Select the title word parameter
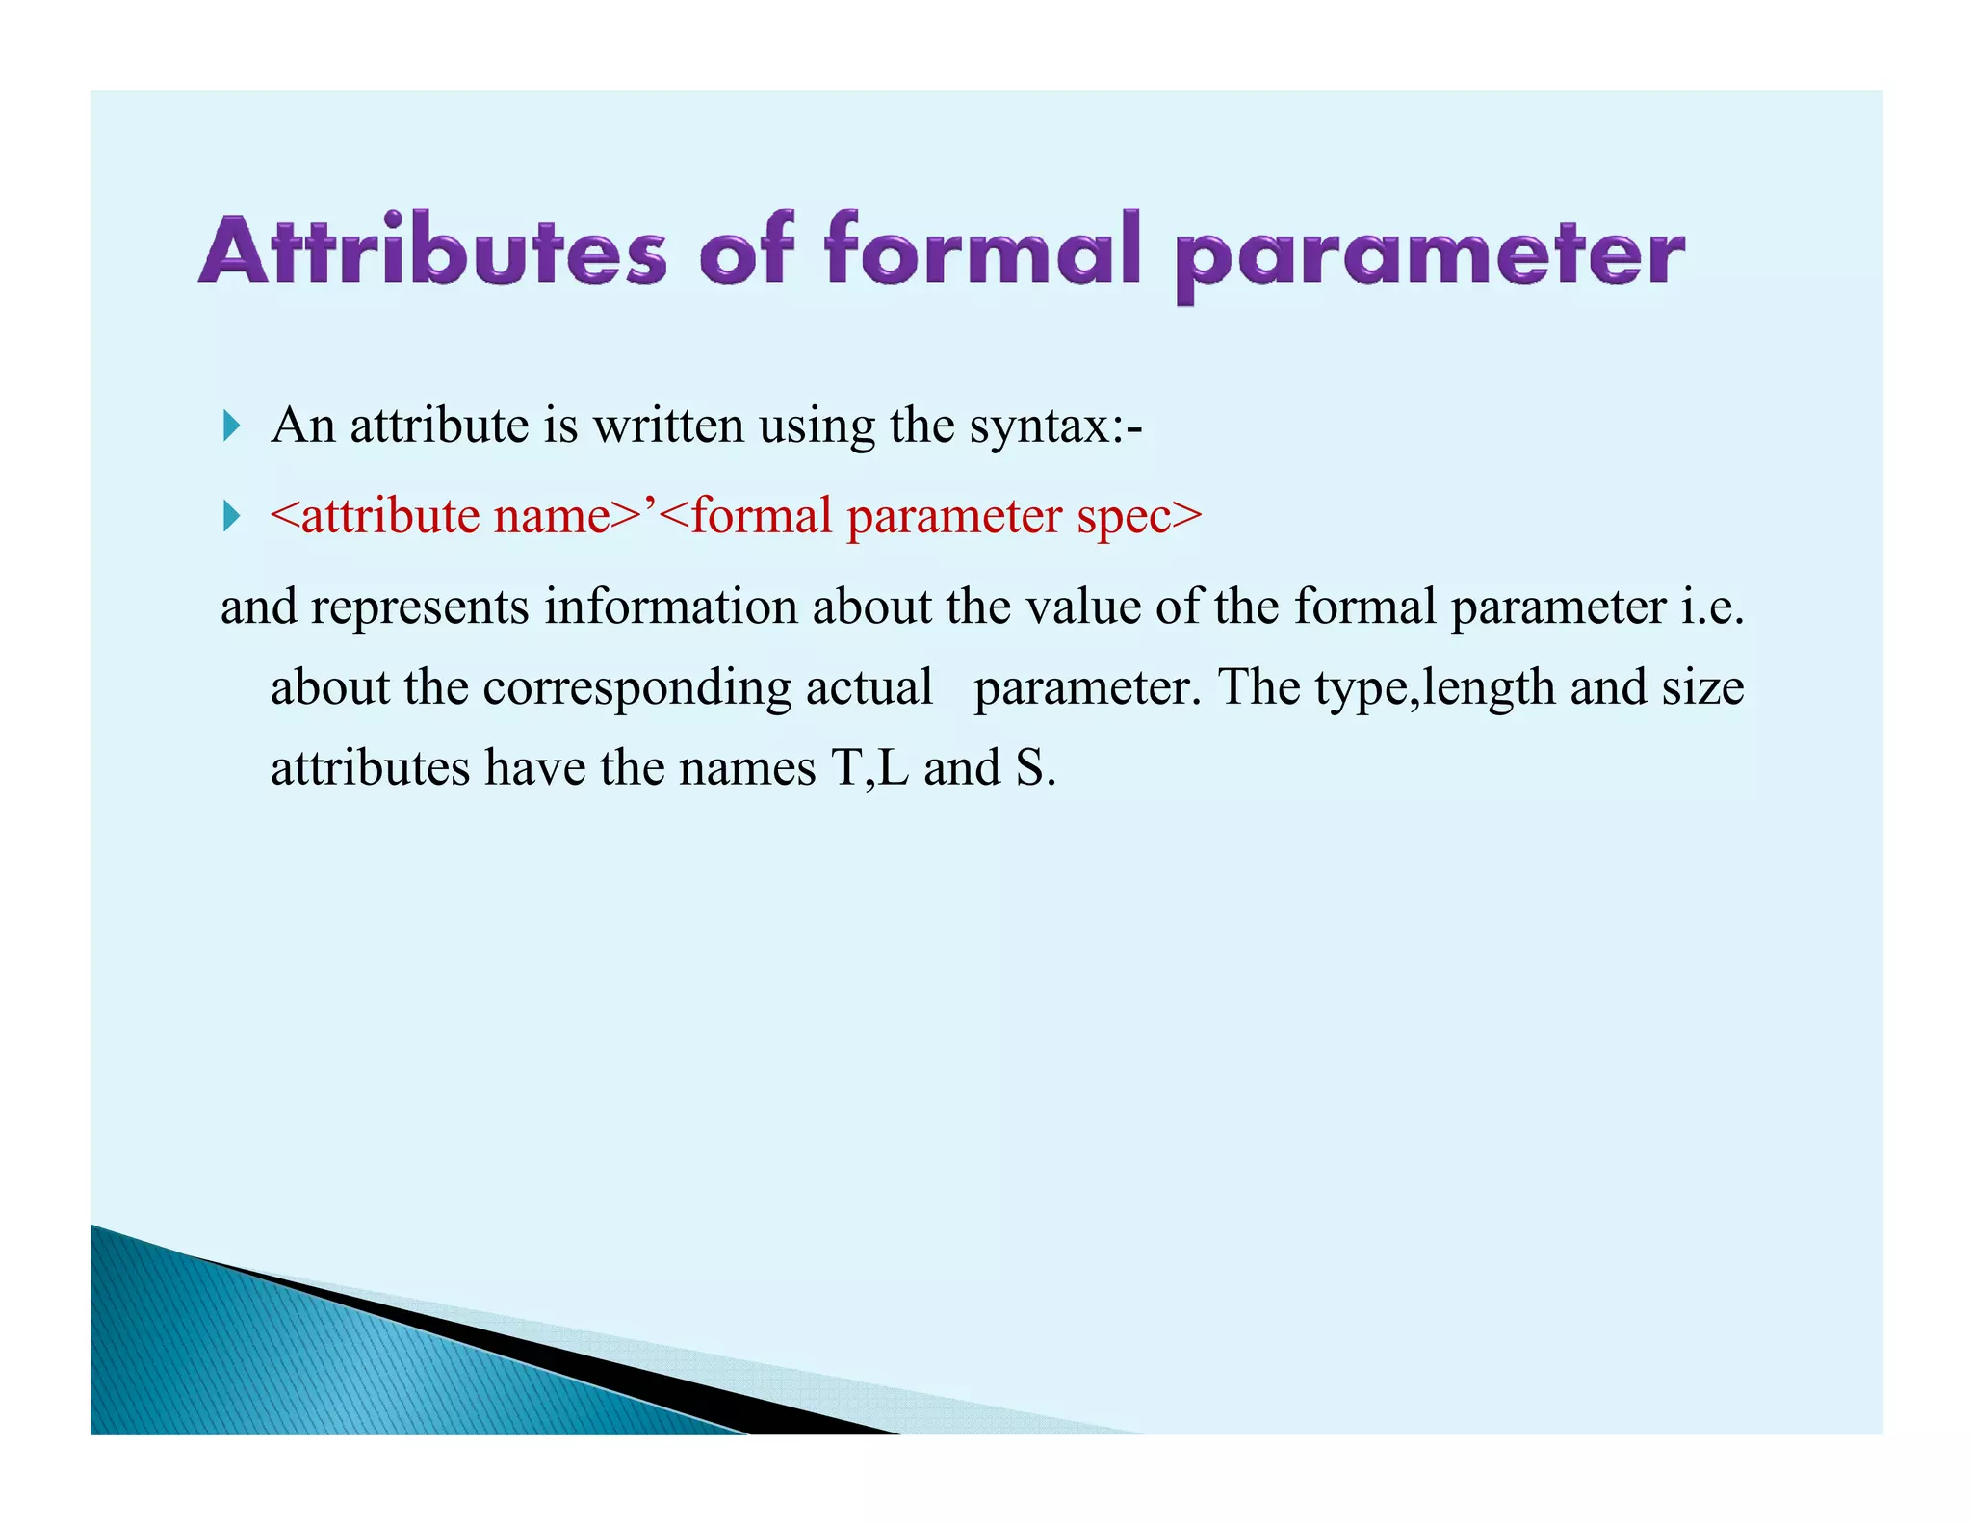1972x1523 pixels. click(x=1429, y=256)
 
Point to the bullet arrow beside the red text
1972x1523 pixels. click(x=231, y=516)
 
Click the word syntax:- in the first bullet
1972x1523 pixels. click(x=1055, y=426)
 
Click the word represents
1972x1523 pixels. click(x=420, y=607)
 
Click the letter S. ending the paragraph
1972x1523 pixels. click(x=1035, y=769)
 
